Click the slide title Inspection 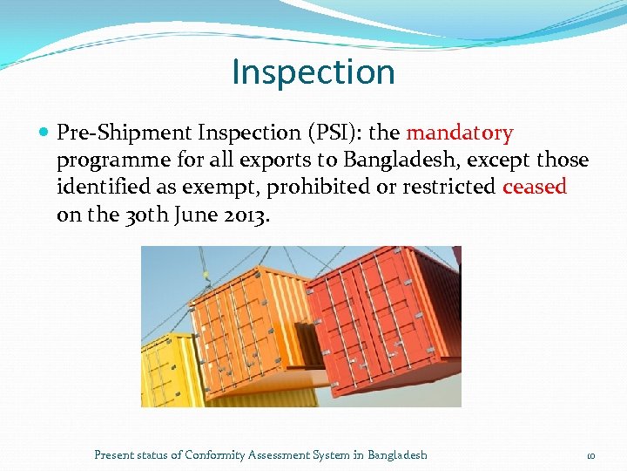tap(313, 72)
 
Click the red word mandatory tap(460, 133)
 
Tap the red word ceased tap(535, 187)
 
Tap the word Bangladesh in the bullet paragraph tap(394, 160)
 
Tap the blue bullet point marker tap(44, 133)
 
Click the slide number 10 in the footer tap(590, 455)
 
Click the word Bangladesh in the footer tap(397, 454)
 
